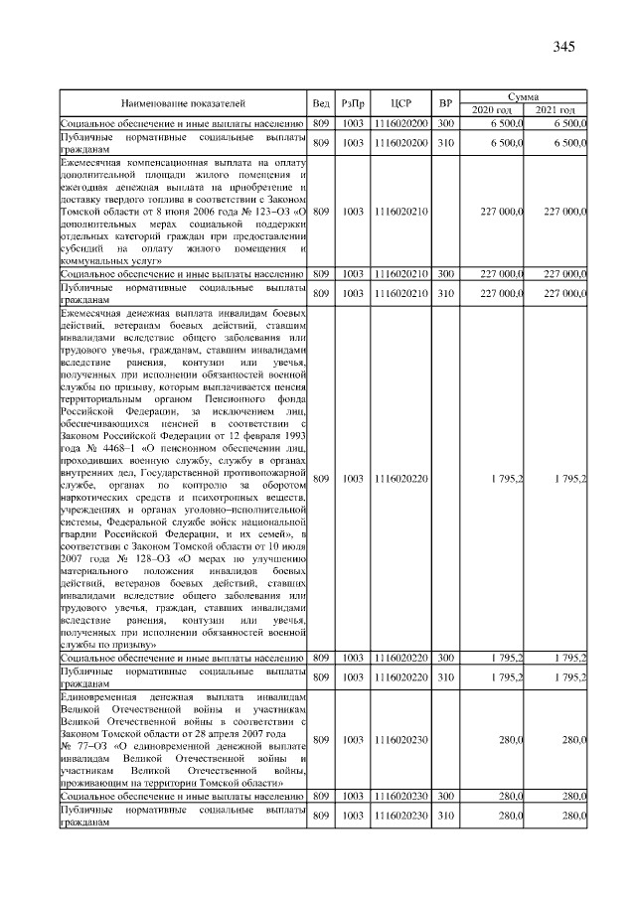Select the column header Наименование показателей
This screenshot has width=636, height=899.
coord(183,102)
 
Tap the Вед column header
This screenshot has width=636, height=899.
coord(320,102)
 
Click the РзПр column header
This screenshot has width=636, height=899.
coord(353,102)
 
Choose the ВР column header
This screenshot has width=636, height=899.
coord(445,102)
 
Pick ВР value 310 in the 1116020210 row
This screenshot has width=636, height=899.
coord(445,292)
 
